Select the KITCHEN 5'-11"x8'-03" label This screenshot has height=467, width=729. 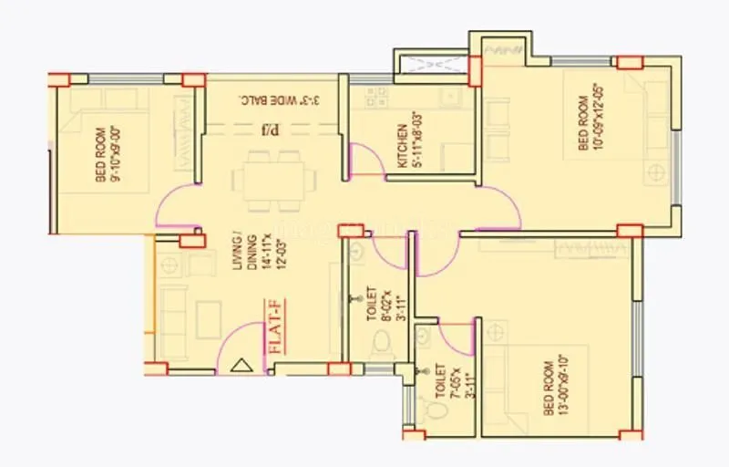coord(406,146)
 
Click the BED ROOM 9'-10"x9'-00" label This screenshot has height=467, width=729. coord(108,154)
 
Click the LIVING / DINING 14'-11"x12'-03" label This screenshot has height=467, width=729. coord(250,264)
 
